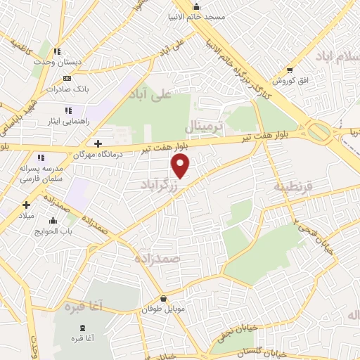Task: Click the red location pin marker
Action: (181, 166)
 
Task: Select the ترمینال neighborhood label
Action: (203, 127)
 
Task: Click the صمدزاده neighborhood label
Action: (160, 259)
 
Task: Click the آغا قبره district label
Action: (84, 307)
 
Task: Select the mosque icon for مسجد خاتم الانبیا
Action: (195, 6)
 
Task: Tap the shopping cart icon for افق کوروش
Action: (290, 70)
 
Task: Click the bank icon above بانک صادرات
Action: (67, 78)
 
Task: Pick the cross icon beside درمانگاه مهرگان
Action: (98, 143)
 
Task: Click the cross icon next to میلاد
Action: (27, 205)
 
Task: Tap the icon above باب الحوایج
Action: (53, 221)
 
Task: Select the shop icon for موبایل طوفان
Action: (163, 298)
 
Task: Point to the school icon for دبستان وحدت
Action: (58, 51)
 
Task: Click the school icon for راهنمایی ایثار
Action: (68, 110)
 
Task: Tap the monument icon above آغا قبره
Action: (84, 327)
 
